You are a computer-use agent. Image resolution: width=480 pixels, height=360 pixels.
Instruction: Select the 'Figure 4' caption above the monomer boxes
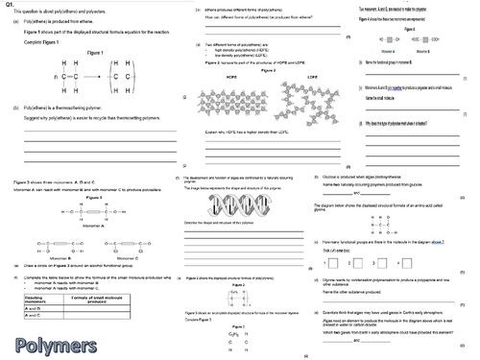click(410, 30)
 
